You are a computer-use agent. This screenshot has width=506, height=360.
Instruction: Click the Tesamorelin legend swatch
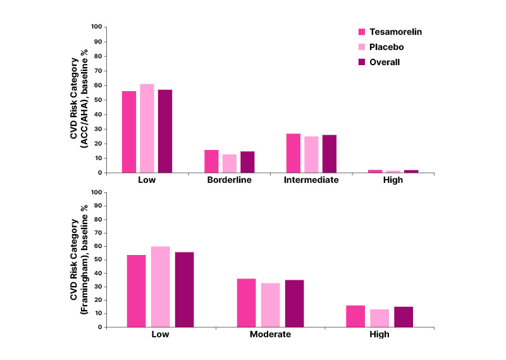tap(363, 32)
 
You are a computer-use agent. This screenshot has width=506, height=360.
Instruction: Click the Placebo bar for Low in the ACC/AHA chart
tap(147, 128)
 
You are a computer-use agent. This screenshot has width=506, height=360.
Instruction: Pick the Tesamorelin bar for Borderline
tap(211, 161)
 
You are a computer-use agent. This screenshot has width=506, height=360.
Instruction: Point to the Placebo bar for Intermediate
tap(311, 154)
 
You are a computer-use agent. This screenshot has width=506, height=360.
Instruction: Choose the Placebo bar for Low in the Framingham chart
tap(161, 287)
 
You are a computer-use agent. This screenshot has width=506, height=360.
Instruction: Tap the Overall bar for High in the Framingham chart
tap(404, 317)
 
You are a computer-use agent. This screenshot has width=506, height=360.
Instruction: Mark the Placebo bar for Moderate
tap(270, 305)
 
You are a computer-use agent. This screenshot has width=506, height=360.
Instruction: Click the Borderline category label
tap(229, 180)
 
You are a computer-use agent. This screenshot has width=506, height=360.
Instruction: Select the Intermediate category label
tap(311, 180)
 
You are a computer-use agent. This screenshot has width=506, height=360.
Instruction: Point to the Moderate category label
tap(270, 334)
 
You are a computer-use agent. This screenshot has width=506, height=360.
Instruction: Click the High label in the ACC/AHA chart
tap(393, 180)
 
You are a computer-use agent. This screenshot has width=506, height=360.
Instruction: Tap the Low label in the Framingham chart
tap(161, 334)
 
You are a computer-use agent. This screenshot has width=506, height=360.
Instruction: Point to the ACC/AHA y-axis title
tap(78, 99)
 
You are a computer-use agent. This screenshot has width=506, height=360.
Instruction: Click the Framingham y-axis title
tap(78, 259)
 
